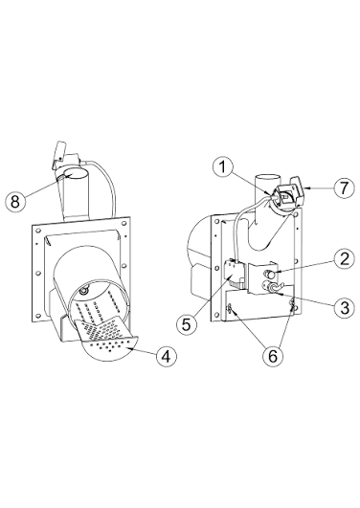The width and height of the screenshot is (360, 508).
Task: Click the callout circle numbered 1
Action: pos(223,166)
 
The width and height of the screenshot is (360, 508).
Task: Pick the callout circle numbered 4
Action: pos(167,357)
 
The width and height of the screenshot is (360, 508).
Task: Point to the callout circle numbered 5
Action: pos(186,324)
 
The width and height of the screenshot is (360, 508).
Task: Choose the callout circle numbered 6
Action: pos(273,357)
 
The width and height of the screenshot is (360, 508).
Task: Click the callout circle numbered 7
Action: pos(344,188)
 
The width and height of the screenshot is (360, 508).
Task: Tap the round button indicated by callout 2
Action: pos(270,274)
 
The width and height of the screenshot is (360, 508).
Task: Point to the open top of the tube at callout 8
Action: pos(76,175)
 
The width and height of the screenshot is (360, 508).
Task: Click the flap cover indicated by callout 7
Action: pos(298,191)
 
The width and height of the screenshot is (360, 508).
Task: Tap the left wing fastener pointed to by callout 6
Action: pos(230,309)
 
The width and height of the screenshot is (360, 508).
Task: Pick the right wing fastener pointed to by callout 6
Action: pos(293,305)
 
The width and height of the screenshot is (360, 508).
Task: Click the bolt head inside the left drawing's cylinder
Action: pos(84,291)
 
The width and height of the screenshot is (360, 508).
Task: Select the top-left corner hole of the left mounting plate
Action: pos(38,230)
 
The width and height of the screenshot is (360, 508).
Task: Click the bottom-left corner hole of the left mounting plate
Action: pos(38,315)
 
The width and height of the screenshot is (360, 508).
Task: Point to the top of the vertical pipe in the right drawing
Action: pos(267,178)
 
